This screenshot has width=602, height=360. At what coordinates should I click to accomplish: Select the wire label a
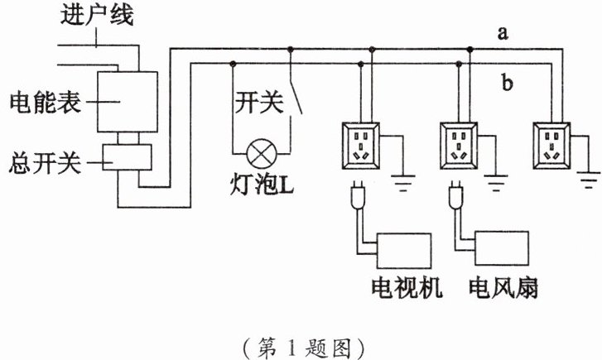point(502,33)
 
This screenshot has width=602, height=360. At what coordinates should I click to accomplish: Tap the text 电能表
point(38,101)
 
